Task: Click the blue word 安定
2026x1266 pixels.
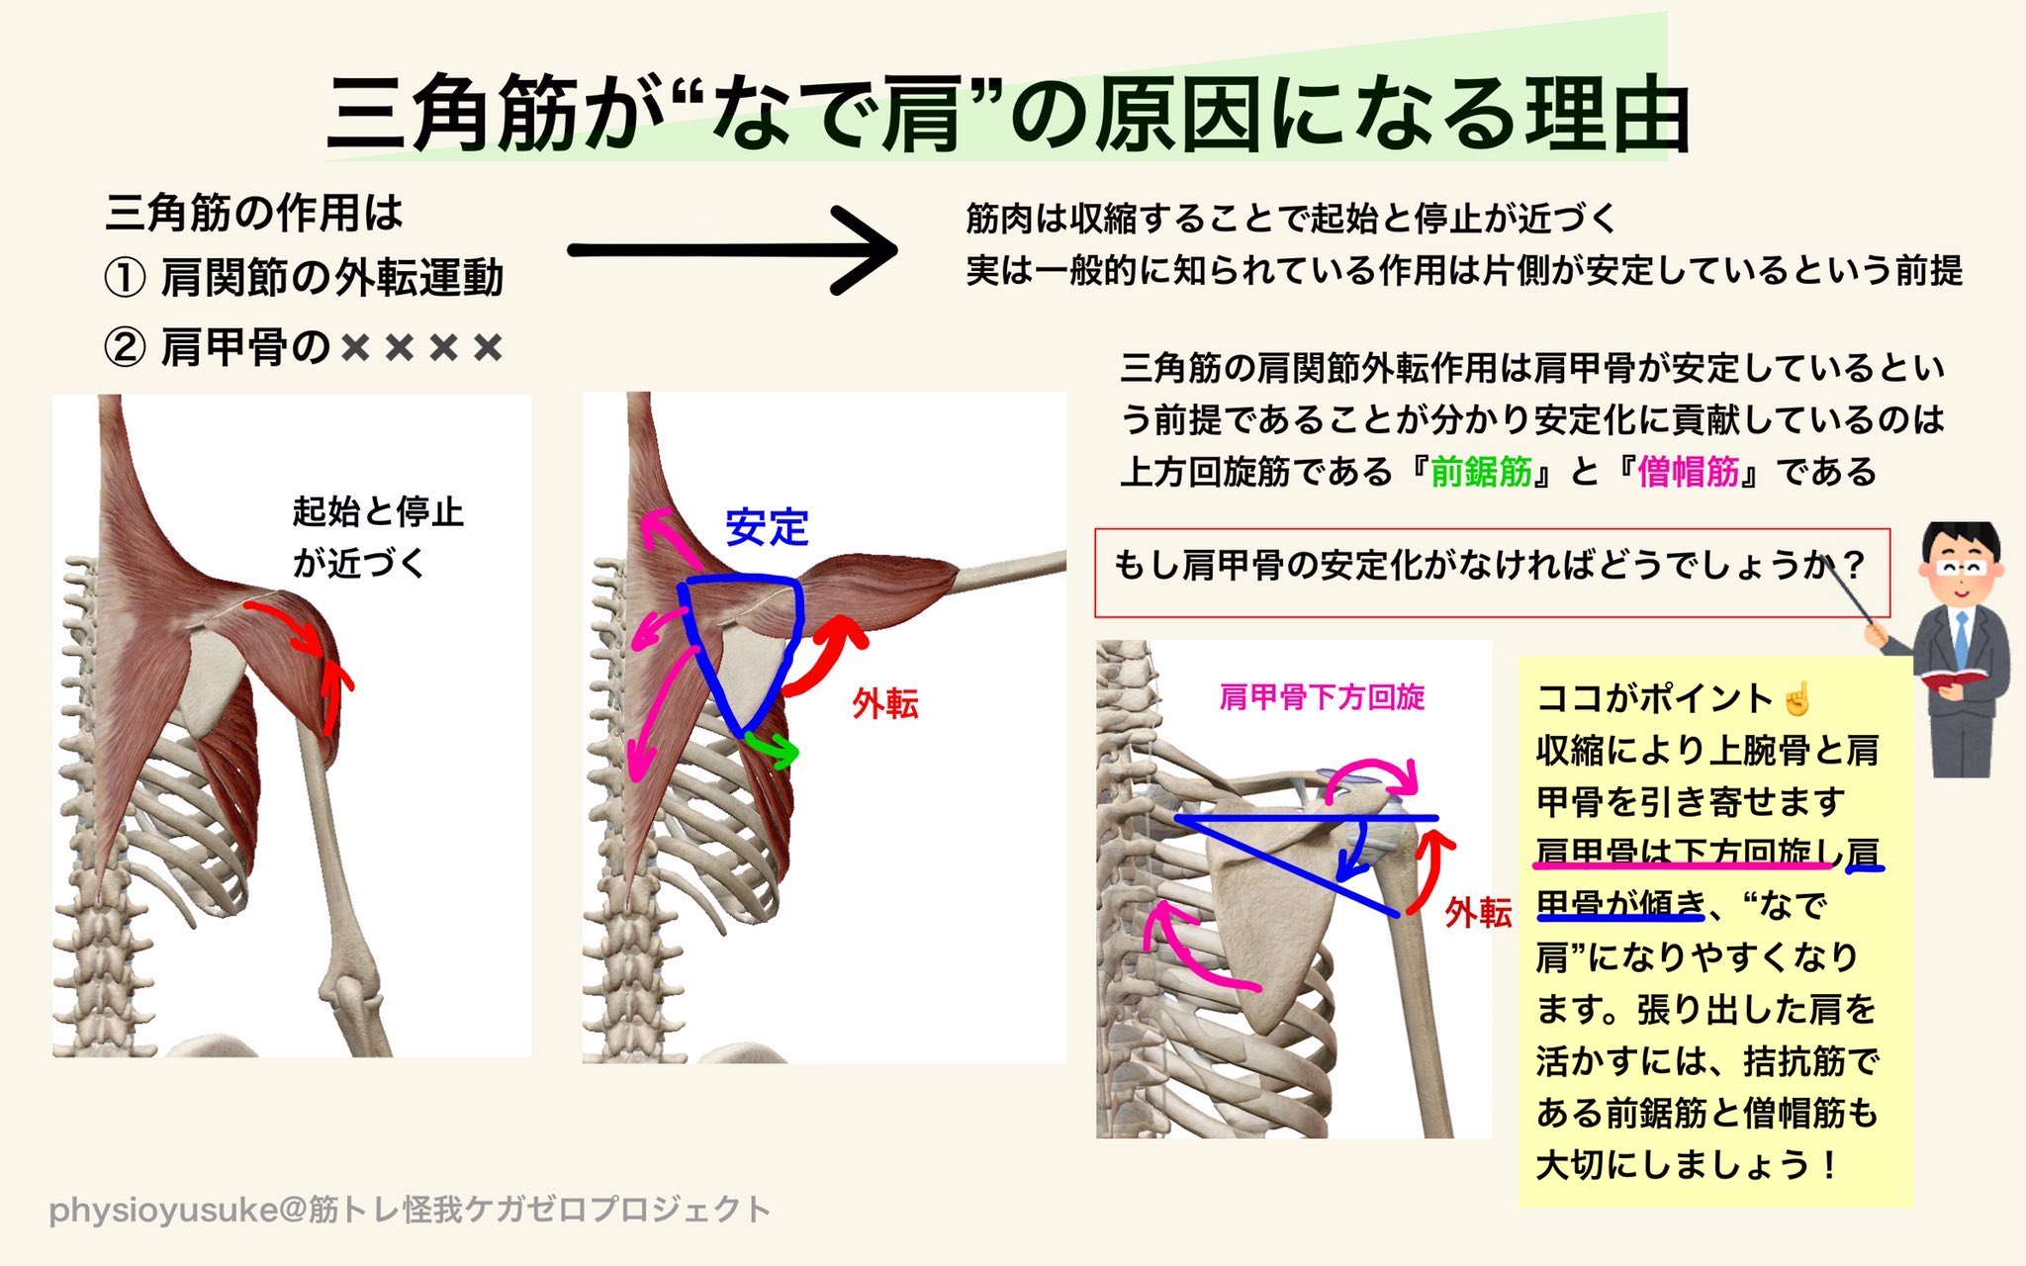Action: pyautogui.click(x=767, y=527)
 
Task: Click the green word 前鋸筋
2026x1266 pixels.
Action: pyautogui.click(x=1481, y=472)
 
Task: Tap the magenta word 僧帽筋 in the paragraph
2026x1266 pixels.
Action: pyautogui.click(x=1689, y=472)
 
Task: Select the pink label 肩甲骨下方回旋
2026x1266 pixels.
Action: pyautogui.click(x=1322, y=697)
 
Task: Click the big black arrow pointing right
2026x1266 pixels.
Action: pyautogui.click(x=732, y=250)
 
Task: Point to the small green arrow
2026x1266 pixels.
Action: pyautogui.click(x=774, y=749)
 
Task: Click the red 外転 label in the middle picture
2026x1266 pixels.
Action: pyautogui.click(x=885, y=704)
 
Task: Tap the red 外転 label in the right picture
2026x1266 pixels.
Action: pyautogui.click(x=1478, y=912)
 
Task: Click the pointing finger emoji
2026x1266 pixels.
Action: pyautogui.click(x=1796, y=698)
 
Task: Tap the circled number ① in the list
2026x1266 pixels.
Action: pyautogui.click(x=125, y=279)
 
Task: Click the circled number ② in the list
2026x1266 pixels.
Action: pyautogui.click(x=125, y=348)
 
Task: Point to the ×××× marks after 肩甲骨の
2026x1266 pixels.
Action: pyautogui.click(x=421, y=348)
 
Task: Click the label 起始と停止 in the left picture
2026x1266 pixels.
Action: pyautogui.click(x=378, y=512)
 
